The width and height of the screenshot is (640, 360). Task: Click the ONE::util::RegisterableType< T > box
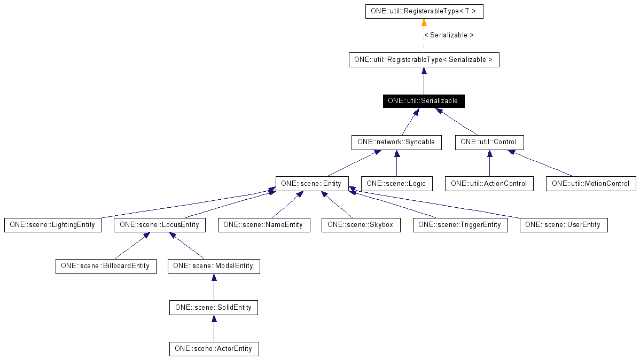[424, 12]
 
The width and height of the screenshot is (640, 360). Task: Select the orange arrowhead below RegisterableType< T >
[424, 22]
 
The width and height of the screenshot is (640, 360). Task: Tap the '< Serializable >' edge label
[449, 35]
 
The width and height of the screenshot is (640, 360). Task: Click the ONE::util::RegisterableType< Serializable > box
[424, 60]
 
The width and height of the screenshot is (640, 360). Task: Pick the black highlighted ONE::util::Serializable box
[424, 101]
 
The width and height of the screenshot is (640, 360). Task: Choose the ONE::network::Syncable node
[396, 143]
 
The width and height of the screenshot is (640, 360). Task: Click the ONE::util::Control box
[489, 143]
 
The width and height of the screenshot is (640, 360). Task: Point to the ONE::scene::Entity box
[312, 184]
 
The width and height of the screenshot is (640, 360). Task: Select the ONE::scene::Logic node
[396, 184]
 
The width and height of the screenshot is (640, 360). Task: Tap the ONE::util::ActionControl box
[489, 184]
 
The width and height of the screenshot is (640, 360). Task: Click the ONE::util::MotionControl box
[591, 184]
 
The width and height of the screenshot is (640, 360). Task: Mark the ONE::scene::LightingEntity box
[52, 225]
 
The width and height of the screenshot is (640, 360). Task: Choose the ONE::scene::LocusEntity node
[159, 225]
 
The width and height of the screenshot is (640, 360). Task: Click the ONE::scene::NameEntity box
[263, 225]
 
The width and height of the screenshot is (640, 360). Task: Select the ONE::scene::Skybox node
[361, 225]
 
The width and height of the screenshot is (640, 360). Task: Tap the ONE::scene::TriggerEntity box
[460, 225]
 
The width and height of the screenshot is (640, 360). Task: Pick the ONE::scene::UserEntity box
[563, 225]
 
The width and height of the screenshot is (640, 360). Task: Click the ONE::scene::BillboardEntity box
[106, 266]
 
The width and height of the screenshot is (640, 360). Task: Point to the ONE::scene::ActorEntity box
[214, 349]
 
